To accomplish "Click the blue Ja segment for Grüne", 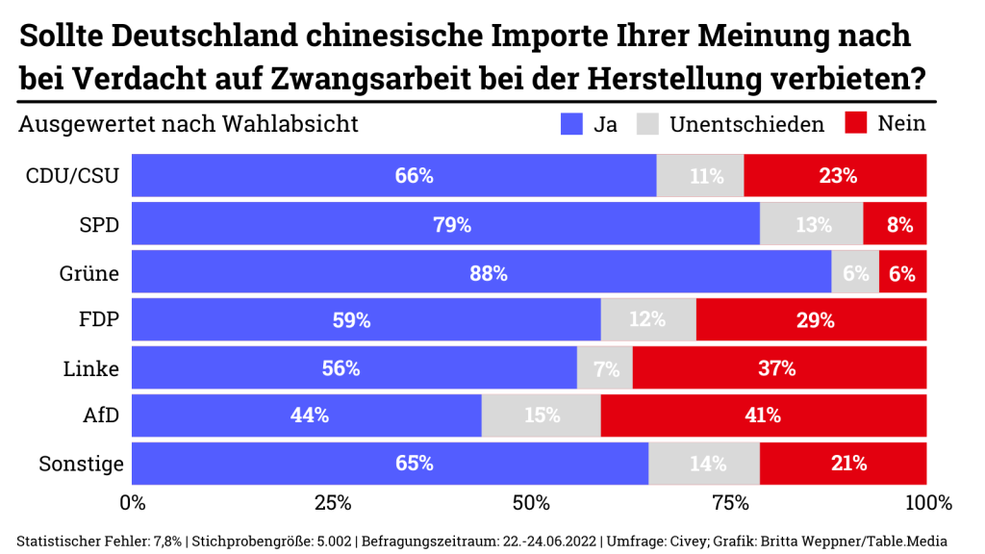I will click(x=481, y=273).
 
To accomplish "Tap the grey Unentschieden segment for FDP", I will click(x=648, y=320).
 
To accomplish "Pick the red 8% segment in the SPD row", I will click(x=895, y=225).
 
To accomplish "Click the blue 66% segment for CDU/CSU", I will click(x=393, y=176).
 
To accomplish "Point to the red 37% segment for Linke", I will click(x=779, y=368).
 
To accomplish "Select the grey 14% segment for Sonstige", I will click(x=704, y=464).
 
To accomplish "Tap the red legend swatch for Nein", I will click(x=856, y=124).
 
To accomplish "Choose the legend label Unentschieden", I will click(x=746, y=124).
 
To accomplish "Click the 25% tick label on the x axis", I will click(x=331, y=503).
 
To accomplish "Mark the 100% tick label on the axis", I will click(x=927, y=503).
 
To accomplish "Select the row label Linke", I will click(x=91, y=368).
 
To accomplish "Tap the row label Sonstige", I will click(x=81, y=464).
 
